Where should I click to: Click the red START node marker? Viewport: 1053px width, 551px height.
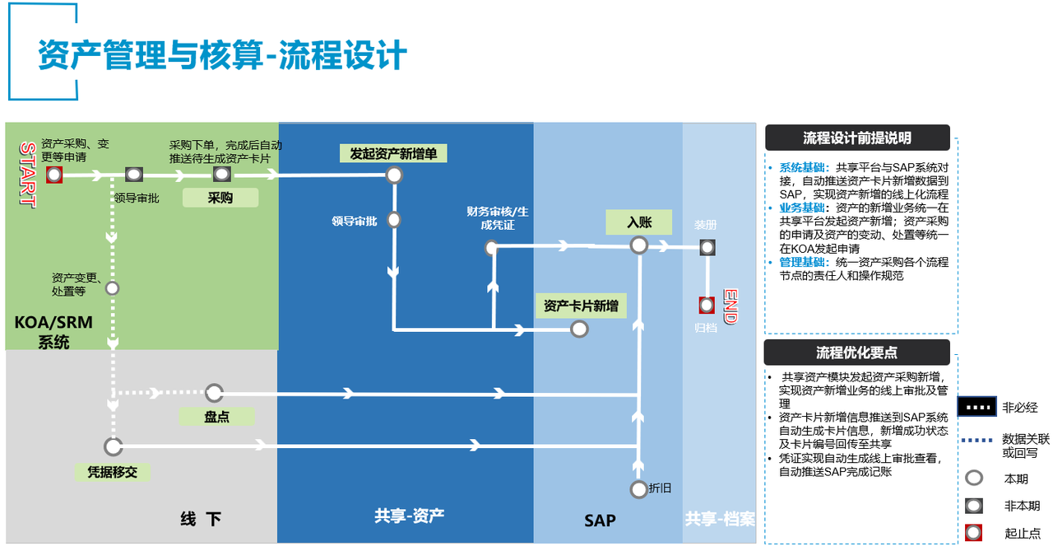54,175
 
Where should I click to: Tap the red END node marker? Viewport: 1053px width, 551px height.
706,305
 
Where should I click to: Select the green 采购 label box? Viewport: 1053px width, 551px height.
220,198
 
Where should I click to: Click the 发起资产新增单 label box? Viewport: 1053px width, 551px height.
393,153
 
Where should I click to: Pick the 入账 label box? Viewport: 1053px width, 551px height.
639,222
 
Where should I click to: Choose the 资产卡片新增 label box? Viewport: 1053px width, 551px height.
580,306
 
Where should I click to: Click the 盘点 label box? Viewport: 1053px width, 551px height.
217,417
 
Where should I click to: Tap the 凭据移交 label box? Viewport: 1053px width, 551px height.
113,472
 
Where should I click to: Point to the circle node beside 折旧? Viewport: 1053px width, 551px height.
638,489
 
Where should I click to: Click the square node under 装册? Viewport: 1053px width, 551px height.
706,246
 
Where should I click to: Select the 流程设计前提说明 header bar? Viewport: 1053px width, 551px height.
856,138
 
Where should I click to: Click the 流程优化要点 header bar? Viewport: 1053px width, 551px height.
856,353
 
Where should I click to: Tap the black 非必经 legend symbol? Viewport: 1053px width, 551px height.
976,407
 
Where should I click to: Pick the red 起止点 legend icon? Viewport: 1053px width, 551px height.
974,532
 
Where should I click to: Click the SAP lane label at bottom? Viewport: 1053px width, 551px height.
600,521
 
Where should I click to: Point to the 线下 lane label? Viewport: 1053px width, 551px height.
201,519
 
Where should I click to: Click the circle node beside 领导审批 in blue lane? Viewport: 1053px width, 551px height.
393,220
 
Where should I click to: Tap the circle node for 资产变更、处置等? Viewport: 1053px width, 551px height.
113,288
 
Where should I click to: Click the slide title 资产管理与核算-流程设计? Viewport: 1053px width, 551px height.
223,56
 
